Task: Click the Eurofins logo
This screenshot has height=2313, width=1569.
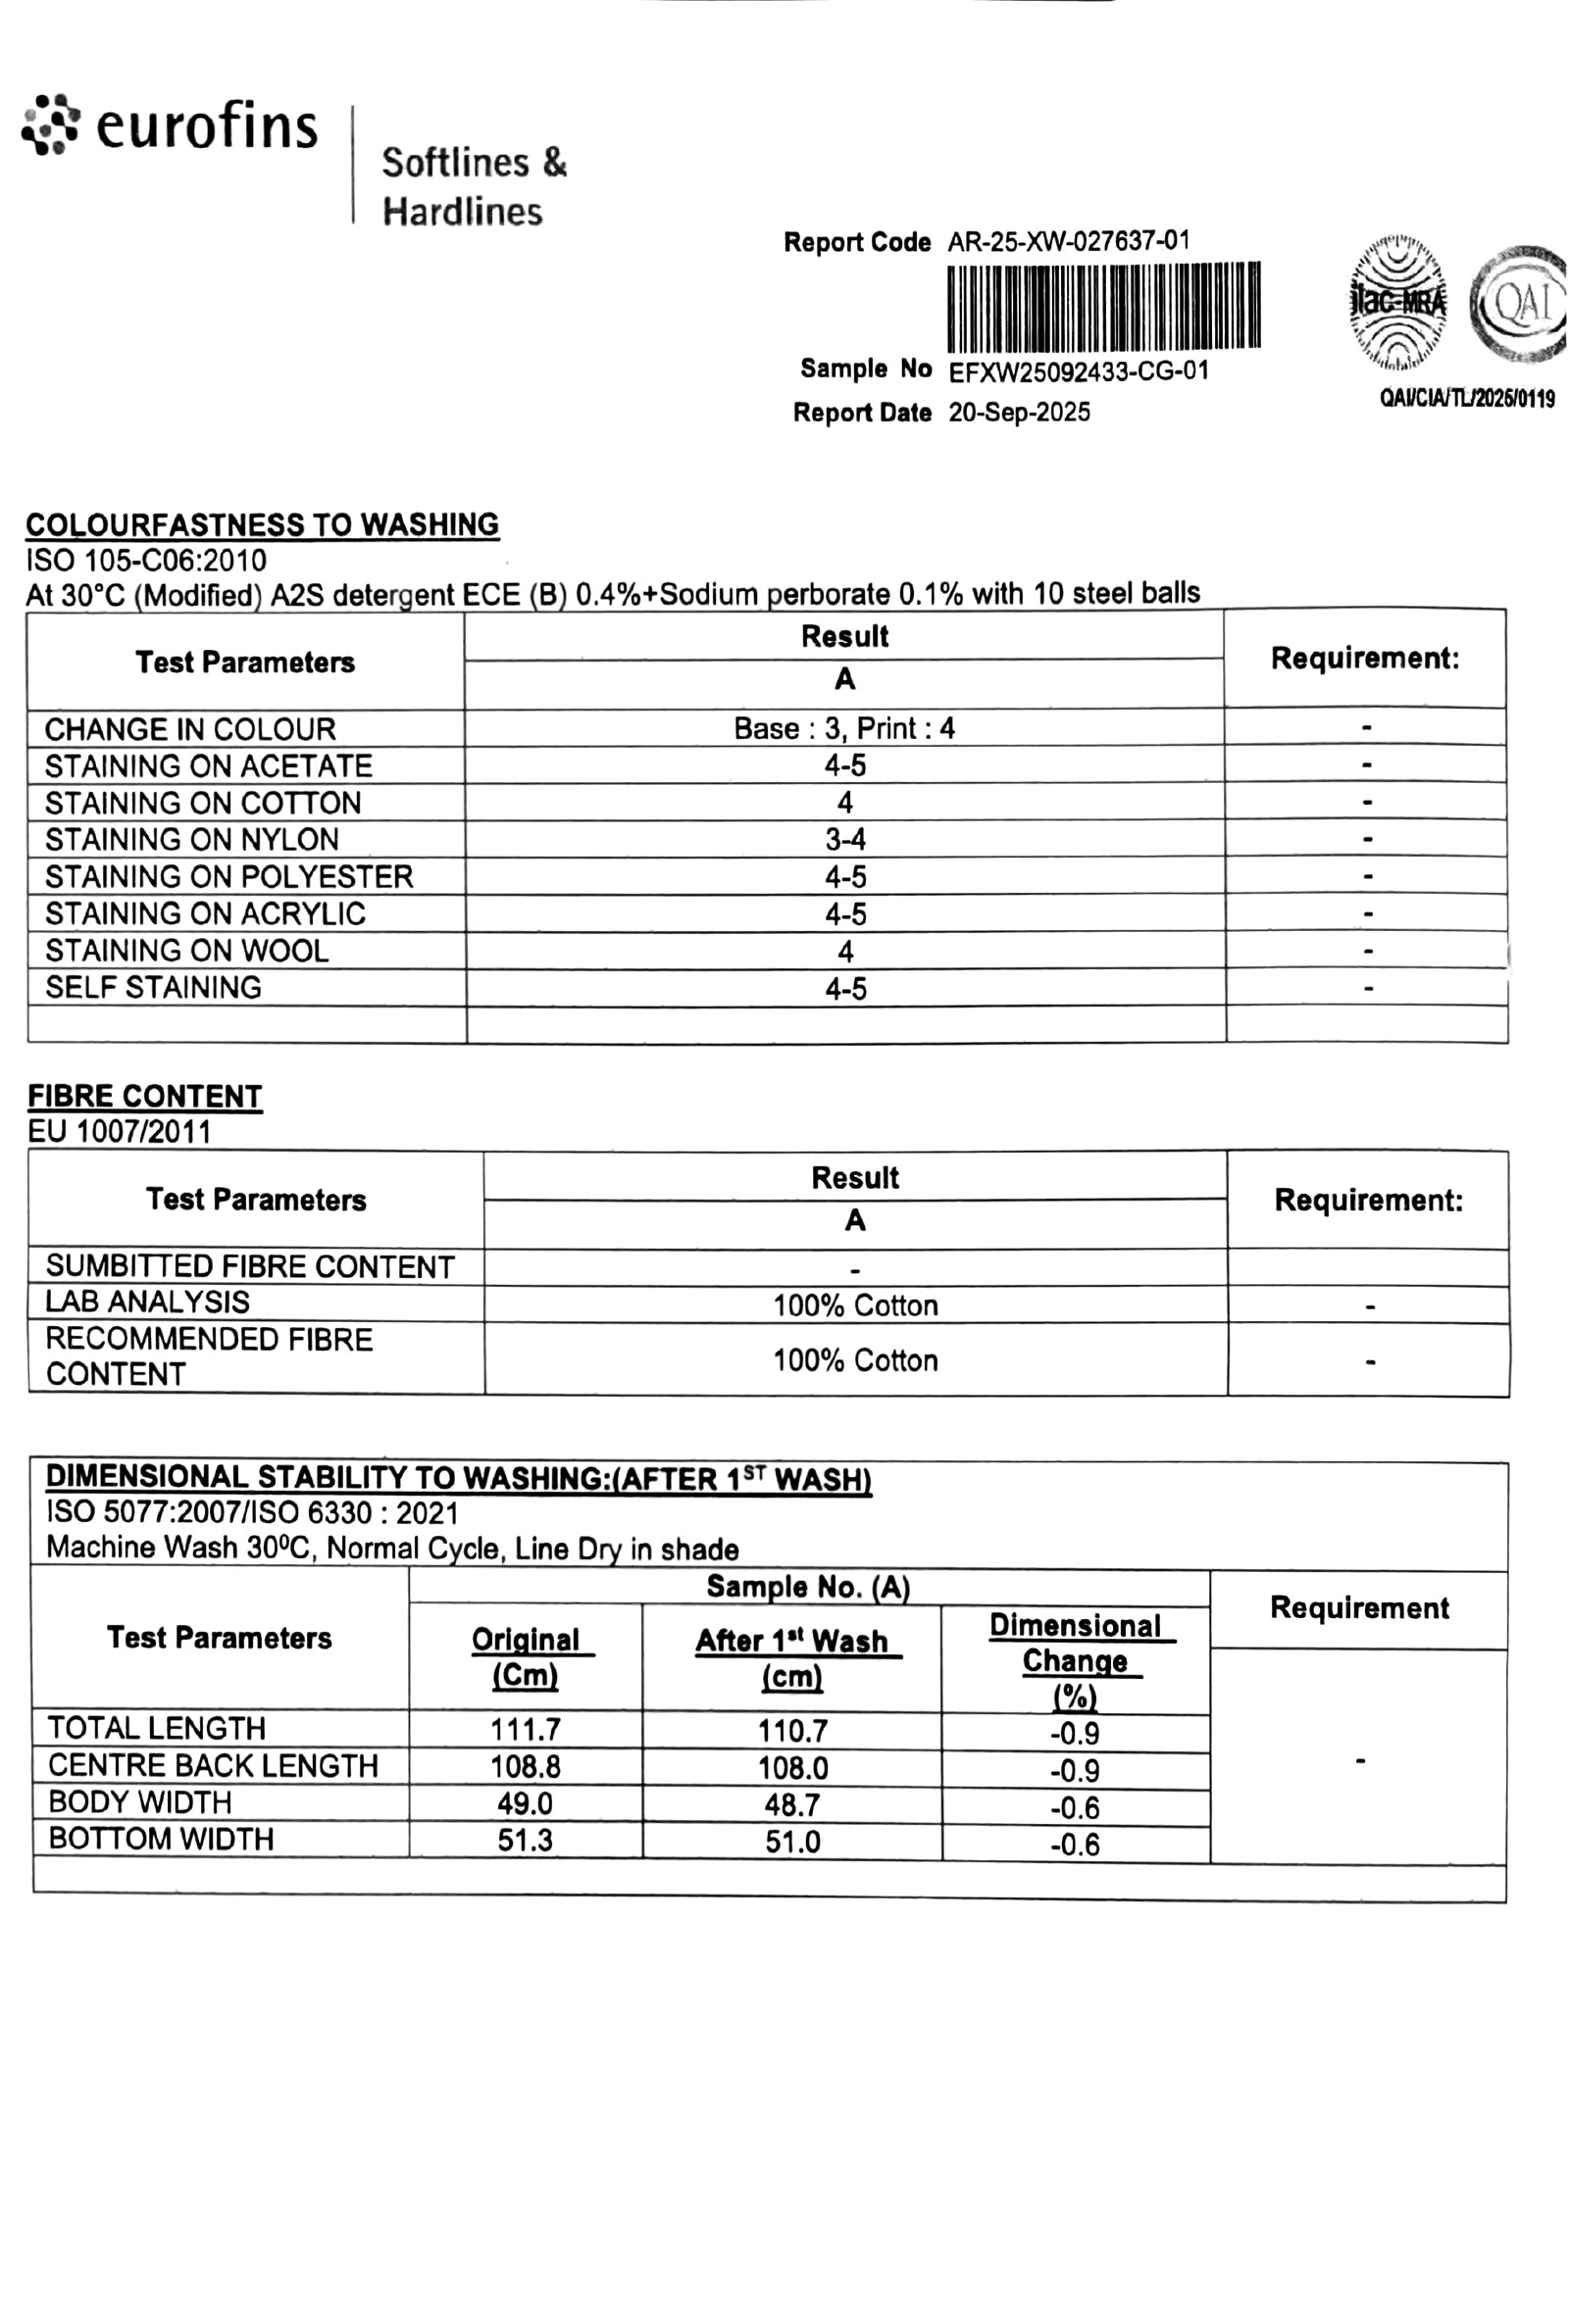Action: (170, 126)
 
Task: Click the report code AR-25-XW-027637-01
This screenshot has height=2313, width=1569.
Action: (1068, 241)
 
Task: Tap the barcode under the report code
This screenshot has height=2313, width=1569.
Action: (1103, 307)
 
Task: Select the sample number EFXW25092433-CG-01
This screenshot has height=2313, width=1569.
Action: (1078, 372)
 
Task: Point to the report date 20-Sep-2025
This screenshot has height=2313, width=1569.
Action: (1019, 412)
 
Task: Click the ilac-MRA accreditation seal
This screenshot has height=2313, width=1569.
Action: (1397, 302)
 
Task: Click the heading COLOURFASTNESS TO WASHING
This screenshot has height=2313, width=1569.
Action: (262, 524)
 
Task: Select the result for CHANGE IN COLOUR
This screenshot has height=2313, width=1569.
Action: (843, 728)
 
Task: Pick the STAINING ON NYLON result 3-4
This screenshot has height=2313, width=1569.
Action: (844, 840)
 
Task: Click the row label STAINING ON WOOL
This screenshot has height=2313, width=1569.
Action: (186, 951)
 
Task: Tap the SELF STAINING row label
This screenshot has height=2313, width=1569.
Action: (153, 987)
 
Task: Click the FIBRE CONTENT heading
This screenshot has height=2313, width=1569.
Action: (144, 1096)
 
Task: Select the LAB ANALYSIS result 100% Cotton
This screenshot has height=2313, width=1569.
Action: (855, 1304)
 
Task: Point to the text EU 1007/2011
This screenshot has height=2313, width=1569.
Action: (120, 1132)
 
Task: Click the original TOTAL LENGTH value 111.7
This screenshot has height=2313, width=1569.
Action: (525, 1730)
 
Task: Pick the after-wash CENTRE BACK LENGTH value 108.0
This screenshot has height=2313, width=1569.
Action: (792, 1768)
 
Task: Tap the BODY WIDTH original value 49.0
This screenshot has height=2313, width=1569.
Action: (525, 1803)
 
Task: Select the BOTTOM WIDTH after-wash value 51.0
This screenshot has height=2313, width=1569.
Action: (792, 1842)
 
